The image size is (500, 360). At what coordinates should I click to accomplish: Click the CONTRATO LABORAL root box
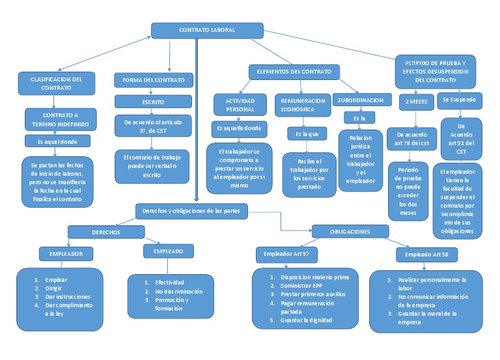[x=207, y=31]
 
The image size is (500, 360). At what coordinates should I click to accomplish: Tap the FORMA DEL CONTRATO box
[x=154, y=80]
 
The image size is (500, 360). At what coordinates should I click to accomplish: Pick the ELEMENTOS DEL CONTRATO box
[x=294, y=72]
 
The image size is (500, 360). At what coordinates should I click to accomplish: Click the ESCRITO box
[x=154, y=102]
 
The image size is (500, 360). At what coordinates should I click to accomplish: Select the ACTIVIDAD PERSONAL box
[x=240, y=105]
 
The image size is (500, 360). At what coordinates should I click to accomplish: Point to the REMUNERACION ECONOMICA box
[x=302, y=105]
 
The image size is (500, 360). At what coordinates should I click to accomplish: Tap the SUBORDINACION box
[x=359, y=100]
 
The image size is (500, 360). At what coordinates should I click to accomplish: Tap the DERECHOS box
[x=105, y=232]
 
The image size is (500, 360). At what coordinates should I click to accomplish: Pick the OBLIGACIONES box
[x=350, y=232]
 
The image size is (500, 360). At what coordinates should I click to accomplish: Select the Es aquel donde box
[x=57, y=141]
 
